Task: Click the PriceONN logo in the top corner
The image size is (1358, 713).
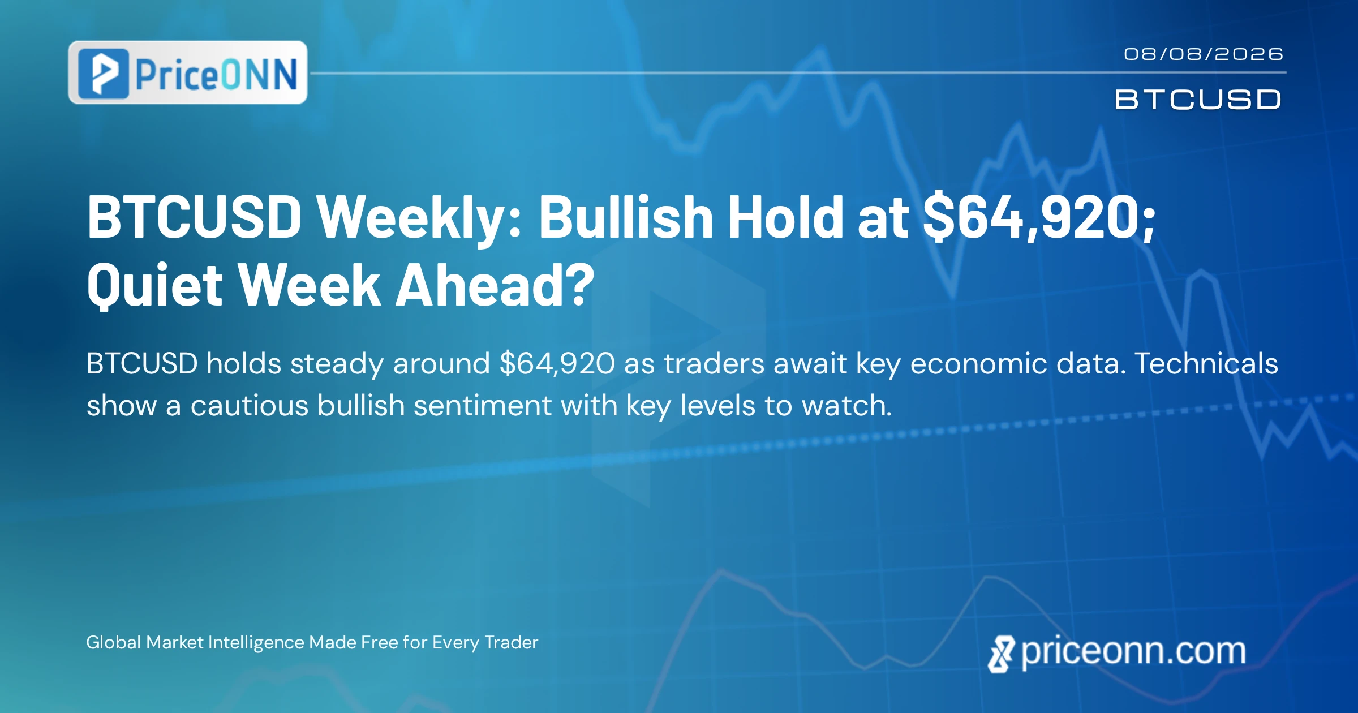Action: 188,72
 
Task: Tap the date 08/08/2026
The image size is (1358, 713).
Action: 1204,54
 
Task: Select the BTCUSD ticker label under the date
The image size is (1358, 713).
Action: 1197,100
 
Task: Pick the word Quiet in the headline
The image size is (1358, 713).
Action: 155,285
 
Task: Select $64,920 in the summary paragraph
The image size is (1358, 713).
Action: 557,364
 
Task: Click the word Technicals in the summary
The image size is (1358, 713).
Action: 1206,363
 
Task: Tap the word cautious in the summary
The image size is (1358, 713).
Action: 250,406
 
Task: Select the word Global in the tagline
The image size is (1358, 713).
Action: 113,642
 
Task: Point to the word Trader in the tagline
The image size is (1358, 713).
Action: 512,642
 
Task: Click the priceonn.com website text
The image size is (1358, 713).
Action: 1133,651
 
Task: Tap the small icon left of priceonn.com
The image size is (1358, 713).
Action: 1001,654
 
